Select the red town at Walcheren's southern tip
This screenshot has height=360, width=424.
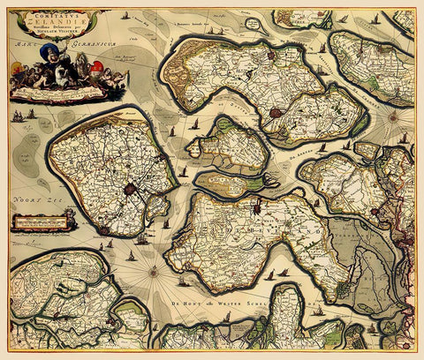(x=105, y=231)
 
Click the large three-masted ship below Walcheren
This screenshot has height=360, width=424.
(x=141, y=237)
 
